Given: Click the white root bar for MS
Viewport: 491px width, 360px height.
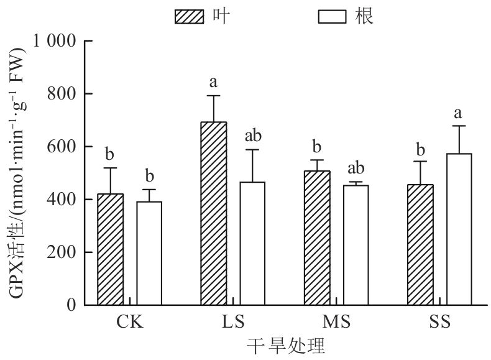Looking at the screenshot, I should pos(356,245).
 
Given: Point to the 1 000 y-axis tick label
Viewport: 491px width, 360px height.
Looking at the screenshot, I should pos(57,41).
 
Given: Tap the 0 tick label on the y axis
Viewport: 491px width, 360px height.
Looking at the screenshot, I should pos(73,305).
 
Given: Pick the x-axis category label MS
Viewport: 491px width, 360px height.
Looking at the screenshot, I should pos(336,323).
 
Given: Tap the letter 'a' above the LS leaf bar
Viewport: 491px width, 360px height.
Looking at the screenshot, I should pos(213,81).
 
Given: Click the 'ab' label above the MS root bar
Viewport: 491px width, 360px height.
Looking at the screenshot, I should pos(356,168).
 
